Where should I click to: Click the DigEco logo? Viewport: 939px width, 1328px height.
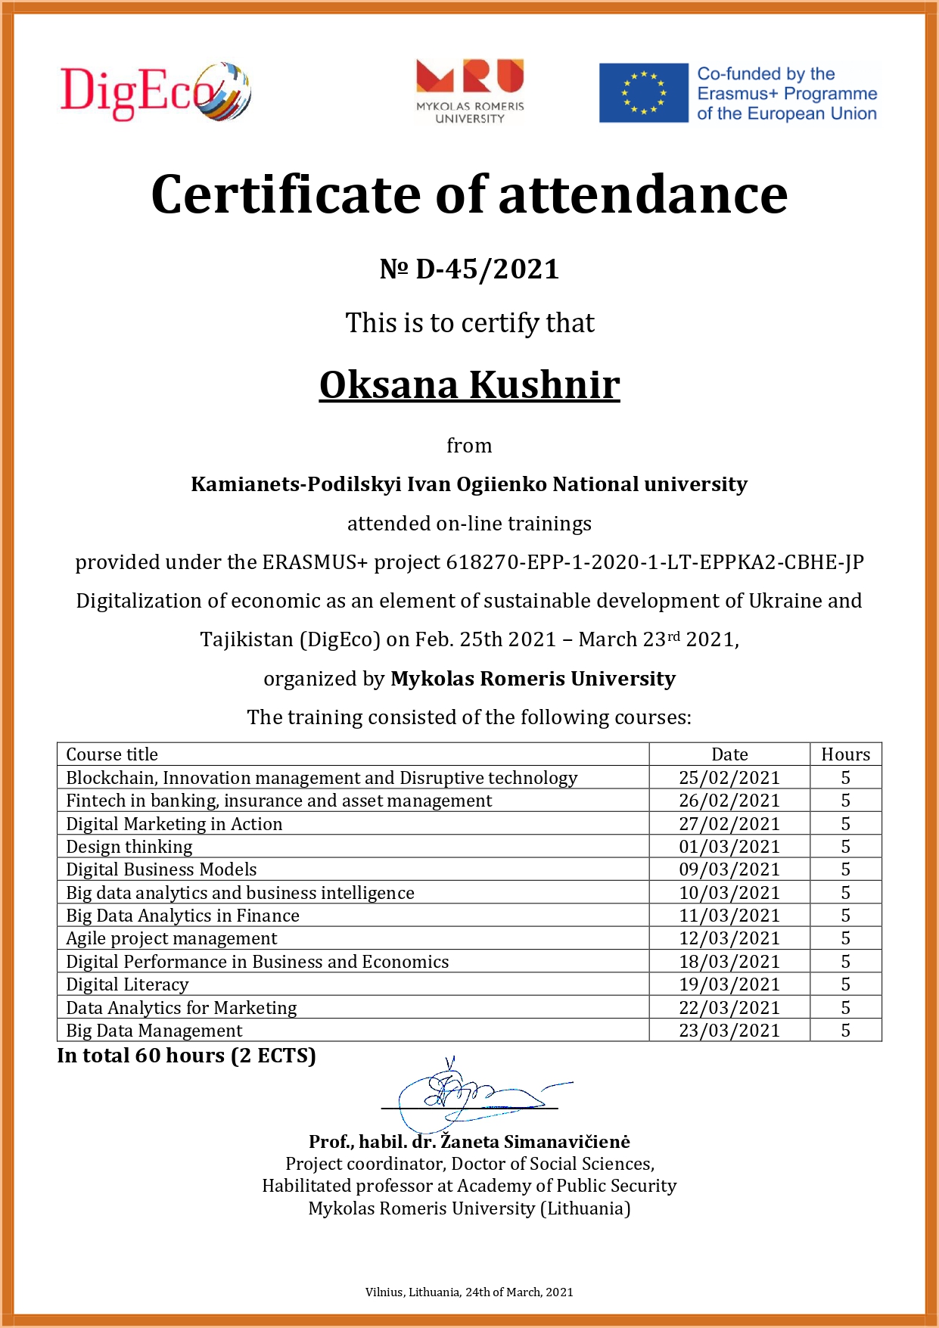pyautogui.click(x=155, y=92)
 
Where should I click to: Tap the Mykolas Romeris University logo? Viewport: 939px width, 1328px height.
pyautogui.click(x=470, y=91)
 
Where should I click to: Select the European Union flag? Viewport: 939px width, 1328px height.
pyautogui.click(x=644, y=93)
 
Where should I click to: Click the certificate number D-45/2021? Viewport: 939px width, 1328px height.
pyautogui.click(x=469, y=269)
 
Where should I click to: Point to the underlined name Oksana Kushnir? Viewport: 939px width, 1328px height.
pyautogui.click(x=469, y=385)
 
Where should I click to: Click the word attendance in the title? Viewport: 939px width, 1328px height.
pyautogui.click(x=642, y=194)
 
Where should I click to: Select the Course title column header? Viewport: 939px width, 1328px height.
pyautogui.click(x=112, y=754)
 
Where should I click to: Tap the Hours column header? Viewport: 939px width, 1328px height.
pyautogui.click(x=845, y=754)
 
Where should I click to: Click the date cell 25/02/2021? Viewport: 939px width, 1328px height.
pyautogui.click(x=729, y=778)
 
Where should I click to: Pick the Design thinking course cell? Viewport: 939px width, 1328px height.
pyautogui.click(x=129, y=847)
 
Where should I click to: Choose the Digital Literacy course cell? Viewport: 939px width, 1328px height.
pyautogui.click(x=127, y=984)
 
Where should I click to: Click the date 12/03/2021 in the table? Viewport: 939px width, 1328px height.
pyautogui.click(x=729, y=938)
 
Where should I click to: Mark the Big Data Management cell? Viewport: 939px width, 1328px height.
pyautogui.click(x=154, y=1031)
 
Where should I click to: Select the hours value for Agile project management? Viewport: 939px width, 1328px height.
pyautogui.click(x=845, y=938)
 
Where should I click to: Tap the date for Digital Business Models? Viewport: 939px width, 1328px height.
pyautogui.click(x=729, y=869)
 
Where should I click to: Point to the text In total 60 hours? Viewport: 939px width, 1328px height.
pyautogui.click(x=186, y=1056)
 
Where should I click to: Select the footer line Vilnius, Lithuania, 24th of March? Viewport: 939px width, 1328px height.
pyautogui.click(x=469, y=1292)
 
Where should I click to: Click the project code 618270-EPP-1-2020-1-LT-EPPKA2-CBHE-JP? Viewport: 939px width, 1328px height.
pyautogui.click(x=655, y=562)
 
